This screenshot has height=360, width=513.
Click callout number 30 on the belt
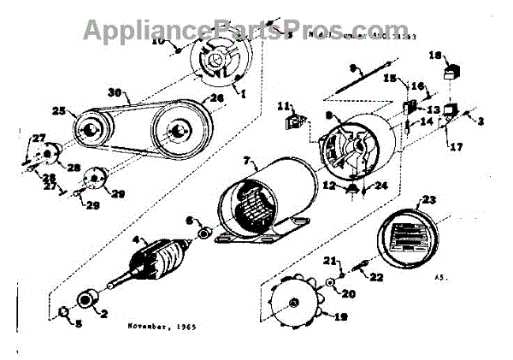coord(117,92)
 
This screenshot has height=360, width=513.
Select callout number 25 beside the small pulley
coord(58,111)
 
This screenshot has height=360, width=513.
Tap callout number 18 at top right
coord(433,56)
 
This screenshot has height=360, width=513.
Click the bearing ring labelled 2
coord(87,301)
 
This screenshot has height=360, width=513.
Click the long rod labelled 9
coord(348,80)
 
